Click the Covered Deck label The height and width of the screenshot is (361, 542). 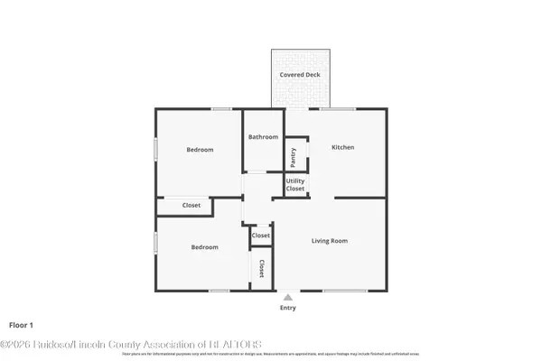[299, 75]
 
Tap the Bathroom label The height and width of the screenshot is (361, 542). [264, 137]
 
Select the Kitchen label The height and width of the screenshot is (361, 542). [342, 147]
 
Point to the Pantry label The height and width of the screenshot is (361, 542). [294, 157]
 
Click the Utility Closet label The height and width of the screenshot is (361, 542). [295, 185]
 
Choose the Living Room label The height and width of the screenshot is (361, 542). [330, 241]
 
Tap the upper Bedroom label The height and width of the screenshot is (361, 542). [200, 150]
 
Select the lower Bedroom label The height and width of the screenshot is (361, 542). [204, 247]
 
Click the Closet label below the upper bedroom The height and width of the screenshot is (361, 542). [192, 206]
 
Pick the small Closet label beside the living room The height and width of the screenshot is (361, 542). [261, 236]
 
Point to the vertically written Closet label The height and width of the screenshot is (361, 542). [261, 268]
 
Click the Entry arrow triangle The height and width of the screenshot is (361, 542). [287, 297]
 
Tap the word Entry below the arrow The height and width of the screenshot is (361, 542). [287, 308]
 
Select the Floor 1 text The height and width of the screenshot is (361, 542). [21, 324]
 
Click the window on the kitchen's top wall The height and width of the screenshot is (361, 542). [344, 109]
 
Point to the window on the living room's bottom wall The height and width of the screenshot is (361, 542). [345, 291]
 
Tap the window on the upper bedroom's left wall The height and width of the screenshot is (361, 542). [155, 149]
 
